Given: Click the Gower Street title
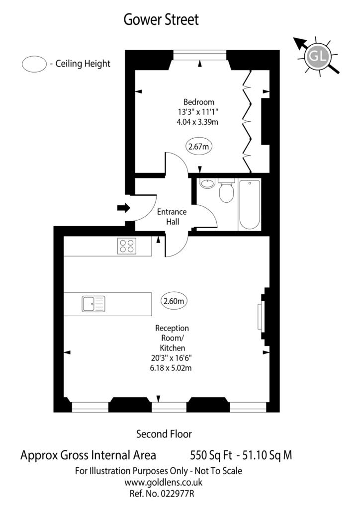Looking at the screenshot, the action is coord(161,19).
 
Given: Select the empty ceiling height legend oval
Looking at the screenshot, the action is coord(34,64).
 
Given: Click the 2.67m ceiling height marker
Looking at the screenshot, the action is coord(199,147).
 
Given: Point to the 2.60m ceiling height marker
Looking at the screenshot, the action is coord(174,301).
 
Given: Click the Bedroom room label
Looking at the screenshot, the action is coord(199,102).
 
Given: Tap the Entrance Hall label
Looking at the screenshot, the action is coord(172,217).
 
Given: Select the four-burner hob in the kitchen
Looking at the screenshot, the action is coord(127,246).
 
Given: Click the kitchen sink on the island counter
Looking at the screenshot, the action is coord(93,304).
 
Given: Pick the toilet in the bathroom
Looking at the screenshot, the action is coord(226,190).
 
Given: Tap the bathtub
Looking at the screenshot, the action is coord(249,204).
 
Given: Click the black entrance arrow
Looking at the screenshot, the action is coord(123,208).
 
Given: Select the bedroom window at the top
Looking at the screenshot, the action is coord(199,55).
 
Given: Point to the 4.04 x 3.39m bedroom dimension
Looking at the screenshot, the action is coord(197,122).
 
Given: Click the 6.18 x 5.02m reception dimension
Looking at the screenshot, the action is coord(171,368).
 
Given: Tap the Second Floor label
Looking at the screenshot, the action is coord(164,434).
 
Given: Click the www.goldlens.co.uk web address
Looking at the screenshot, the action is coord(164,482).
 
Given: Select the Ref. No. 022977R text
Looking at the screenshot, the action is coord(162,494).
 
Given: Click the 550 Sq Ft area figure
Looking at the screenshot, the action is coord(211,455).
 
